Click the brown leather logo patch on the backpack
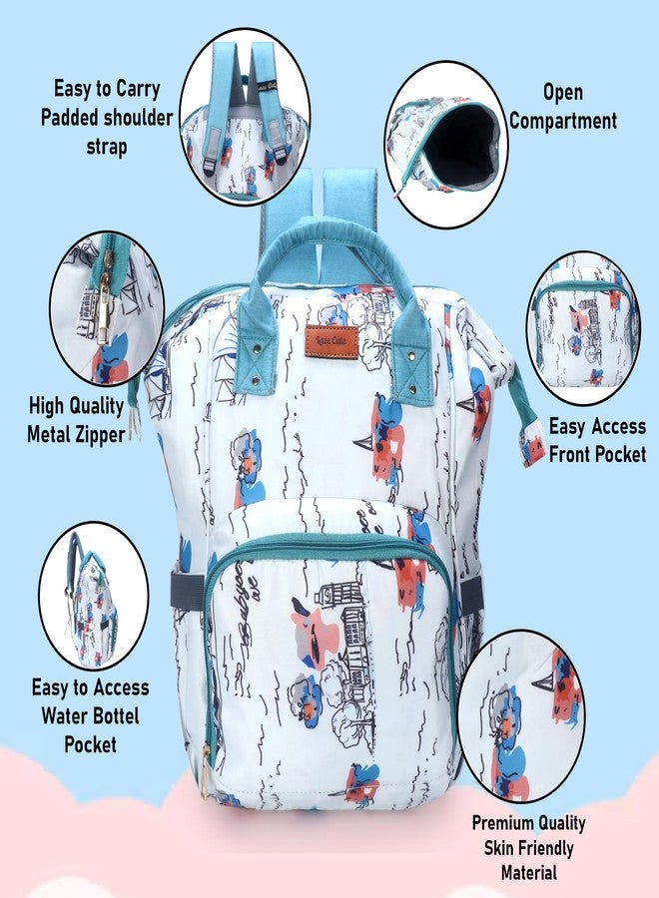pyautogui.click(x=331, y=341)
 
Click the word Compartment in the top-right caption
pyautogui.click(x=563, y=121)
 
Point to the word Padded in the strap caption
pyautogui.click(x=69, y=118)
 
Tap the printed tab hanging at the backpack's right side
pyautogui.click(x=532, y=443)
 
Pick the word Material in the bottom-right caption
pyautogui.click(x=529, y=873)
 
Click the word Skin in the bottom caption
pyautogui.click(x=497, y=848)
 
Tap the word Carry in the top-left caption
pyautogui.click(x=138, y=90)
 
